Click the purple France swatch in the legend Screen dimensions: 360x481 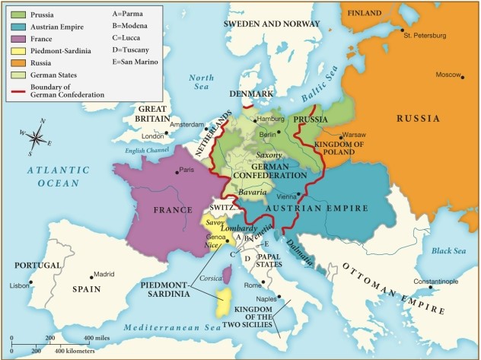click(19, 39)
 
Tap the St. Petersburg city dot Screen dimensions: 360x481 click(402, 30)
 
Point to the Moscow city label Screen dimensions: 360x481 click(449, 75)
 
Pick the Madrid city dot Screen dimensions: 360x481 click(93, 276)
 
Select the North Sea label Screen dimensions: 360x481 click(202, 82)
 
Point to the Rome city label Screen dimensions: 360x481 click(253, 285)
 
